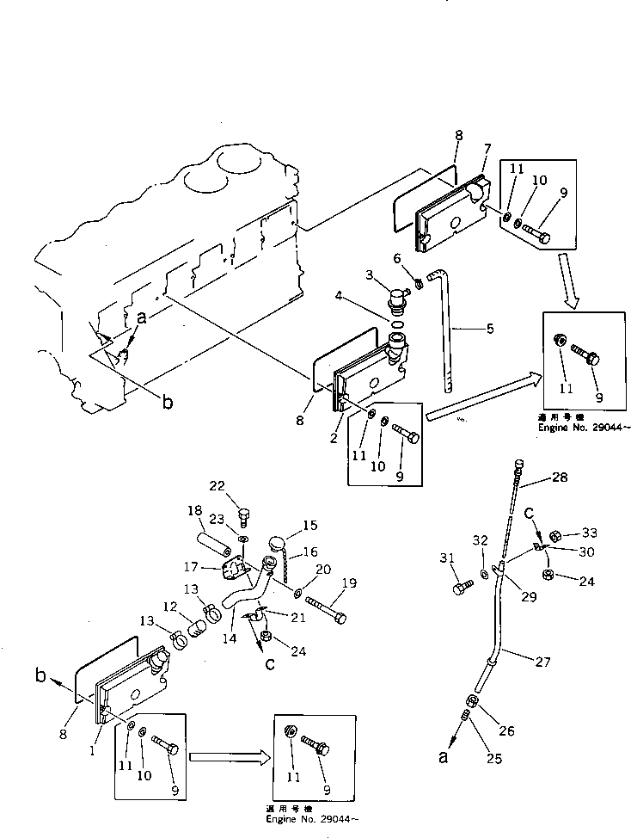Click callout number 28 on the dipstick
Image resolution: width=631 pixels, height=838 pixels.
[x=560, y=476]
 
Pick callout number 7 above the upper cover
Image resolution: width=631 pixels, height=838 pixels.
[x=487, y=149]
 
